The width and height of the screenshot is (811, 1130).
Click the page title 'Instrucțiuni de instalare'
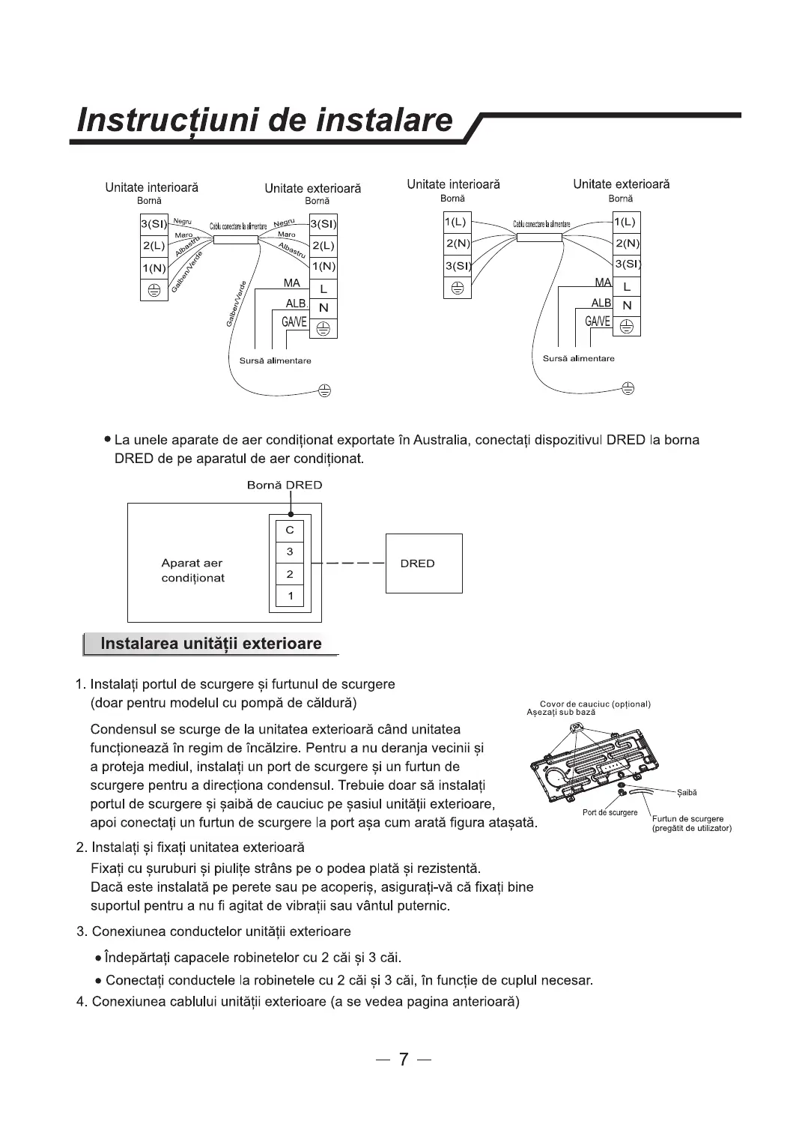tap(266, 120)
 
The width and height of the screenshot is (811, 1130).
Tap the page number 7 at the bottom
tap(404, 1059)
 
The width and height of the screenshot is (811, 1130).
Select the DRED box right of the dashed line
tap(424, 564)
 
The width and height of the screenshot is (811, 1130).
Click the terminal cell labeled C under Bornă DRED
tap(290, 530)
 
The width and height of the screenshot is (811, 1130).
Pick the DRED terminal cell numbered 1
tap(290, 596)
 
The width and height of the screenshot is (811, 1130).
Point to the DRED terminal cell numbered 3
tap(290, 552)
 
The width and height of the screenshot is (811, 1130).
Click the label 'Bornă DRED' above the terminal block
tap(285, 485)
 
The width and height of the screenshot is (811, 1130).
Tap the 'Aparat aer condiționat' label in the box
tap(192, 570)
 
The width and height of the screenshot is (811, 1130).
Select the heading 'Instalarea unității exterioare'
tap(210, 644)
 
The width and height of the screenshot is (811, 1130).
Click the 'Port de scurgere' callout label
tap(610, 812)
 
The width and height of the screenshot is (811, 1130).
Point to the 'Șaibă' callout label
tap(687, 792)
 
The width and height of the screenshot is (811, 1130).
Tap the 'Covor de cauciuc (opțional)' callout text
tap(595, 704)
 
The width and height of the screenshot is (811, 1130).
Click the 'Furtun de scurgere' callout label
tap(687, 819)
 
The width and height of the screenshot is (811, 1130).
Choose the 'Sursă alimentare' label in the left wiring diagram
tap(275, 360)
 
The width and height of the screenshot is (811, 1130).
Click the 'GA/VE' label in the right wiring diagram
tap(597, 321)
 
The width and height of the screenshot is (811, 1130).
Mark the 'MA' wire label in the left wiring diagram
tap(291, 283)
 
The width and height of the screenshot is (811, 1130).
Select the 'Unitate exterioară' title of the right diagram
tap(621, 184)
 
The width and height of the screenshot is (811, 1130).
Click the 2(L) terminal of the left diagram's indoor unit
tap(154, 245)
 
